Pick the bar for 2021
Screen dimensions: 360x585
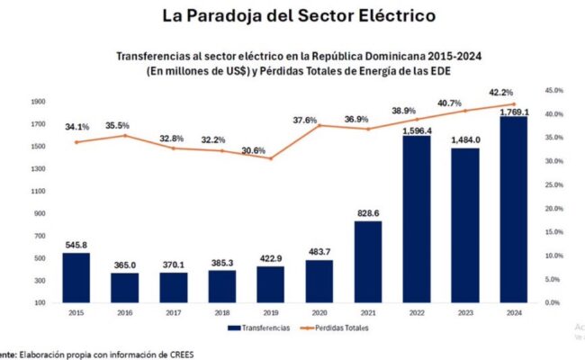[x=367, y=262]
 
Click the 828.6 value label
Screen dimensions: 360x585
[x=367, y=211]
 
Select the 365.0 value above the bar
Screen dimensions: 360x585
[x=125, y=264]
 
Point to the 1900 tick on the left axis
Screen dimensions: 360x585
[x=39, y=101]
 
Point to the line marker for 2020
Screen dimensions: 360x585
[x=319, y=125]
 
